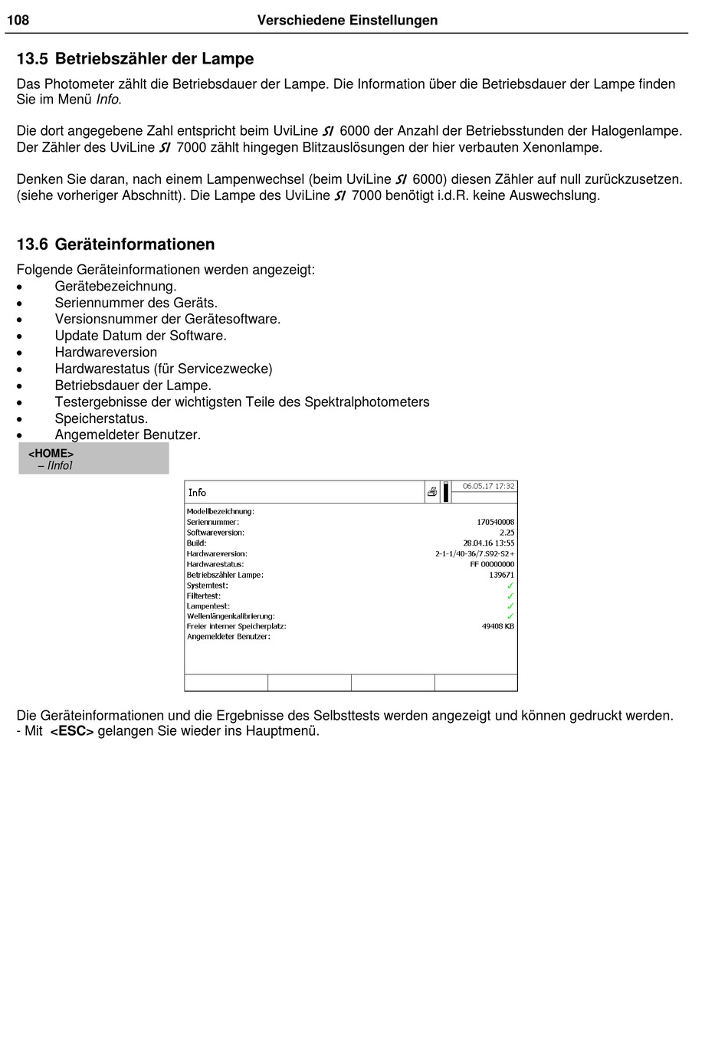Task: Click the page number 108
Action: [x=18, y=21]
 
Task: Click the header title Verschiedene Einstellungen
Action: [x=347, y=21]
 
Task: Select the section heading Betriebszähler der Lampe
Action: [x=154, y=59]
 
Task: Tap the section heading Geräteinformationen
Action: [x=135, y=244]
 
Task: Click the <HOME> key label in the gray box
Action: [x=51, y=454]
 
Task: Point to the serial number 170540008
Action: [x=495, y=522]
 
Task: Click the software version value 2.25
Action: [x=507, y=533]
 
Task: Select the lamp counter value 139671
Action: [x=501, y=575]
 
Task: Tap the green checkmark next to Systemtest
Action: [x=510, y=586]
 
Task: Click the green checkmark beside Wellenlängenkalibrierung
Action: [x=510, y=616]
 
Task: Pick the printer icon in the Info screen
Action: [x=432, y=492]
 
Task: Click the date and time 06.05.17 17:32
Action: [x=488, y=487]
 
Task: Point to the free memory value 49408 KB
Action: [x=497, y=626]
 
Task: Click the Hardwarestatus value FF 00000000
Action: [x=492, y=564]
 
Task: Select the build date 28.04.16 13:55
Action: [x=488, y=543]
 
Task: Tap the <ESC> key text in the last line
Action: [x=72, y=731]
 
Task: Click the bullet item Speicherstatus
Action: [x=101, y=418]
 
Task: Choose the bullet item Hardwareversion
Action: [x=106, y=353]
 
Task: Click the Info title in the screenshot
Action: [x=197, y=493]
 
